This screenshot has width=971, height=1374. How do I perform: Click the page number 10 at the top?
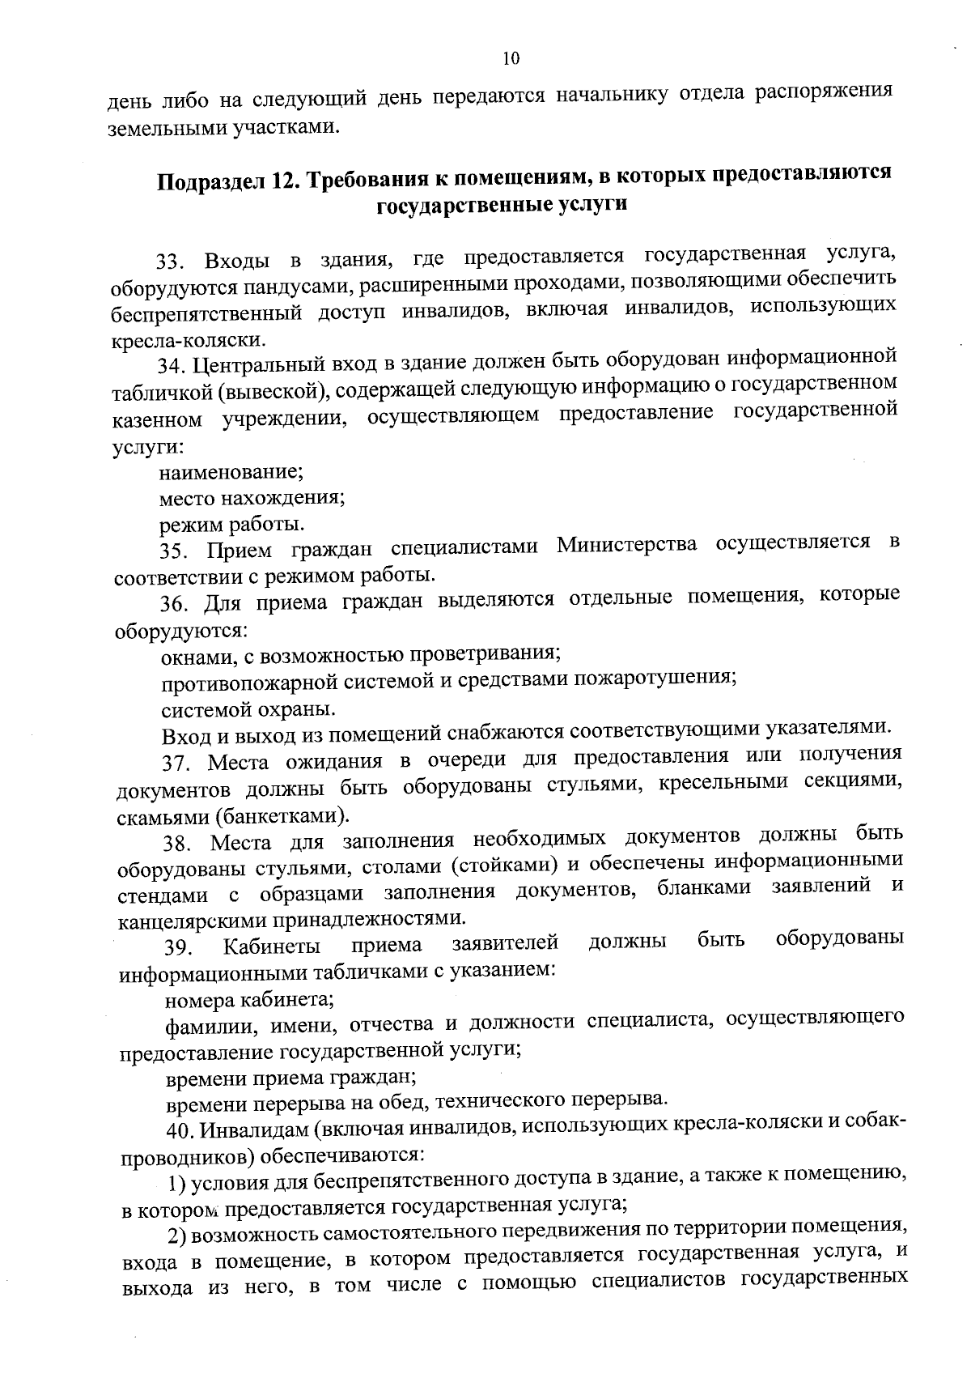510,58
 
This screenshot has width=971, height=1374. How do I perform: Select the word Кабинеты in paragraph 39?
271,946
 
